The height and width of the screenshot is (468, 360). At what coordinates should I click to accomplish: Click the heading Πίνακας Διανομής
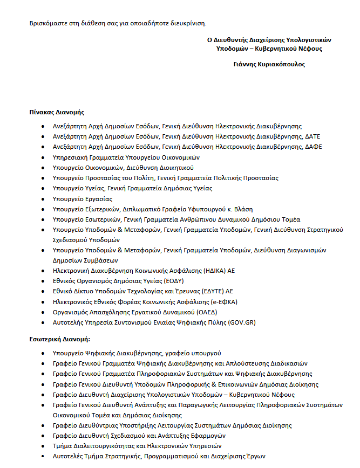[57, 112]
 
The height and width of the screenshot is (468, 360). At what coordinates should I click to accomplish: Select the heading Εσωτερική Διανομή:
[59, 340]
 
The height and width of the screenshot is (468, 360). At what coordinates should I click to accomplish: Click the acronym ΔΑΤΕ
[313, 137]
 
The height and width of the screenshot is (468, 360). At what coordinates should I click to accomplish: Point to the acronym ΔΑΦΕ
[313, 147]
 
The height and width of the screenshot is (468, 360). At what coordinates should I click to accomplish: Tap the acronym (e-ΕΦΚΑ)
[222, 302]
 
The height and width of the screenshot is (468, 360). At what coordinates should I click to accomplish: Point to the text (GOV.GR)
[242, 322]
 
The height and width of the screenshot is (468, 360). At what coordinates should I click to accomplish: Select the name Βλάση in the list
[243, 209]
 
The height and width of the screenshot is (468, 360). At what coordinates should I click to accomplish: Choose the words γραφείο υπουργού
[192, 353]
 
